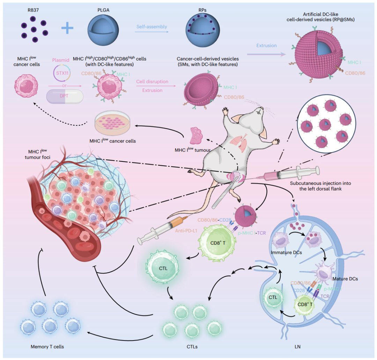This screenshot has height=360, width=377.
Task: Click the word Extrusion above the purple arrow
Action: coord(266,46)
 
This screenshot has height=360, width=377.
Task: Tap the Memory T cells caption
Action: coord(47,347)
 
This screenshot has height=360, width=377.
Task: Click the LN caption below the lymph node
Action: coord(297,347)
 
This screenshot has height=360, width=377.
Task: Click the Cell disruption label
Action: coord(152,82)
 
